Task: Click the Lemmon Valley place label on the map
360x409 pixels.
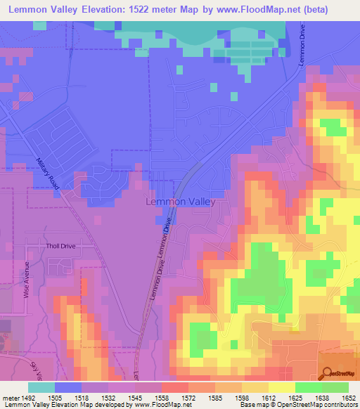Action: (179, 201)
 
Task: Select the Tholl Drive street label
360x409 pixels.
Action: (60, 247)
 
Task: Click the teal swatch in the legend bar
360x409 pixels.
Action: (41, 387)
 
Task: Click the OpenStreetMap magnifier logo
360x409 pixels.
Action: (329, 373)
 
